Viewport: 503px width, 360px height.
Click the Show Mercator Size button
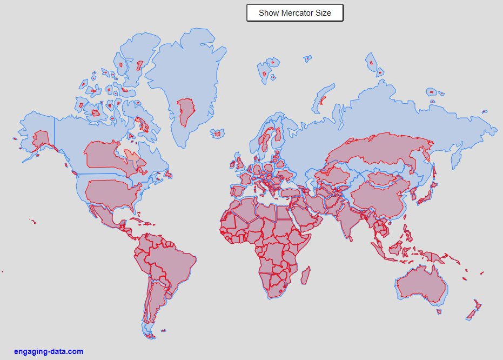pos(295,13)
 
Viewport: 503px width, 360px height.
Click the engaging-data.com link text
pos(49,351)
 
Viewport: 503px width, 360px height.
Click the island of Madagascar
pos(305,275)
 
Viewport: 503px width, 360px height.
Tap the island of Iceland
pos(218,133)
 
